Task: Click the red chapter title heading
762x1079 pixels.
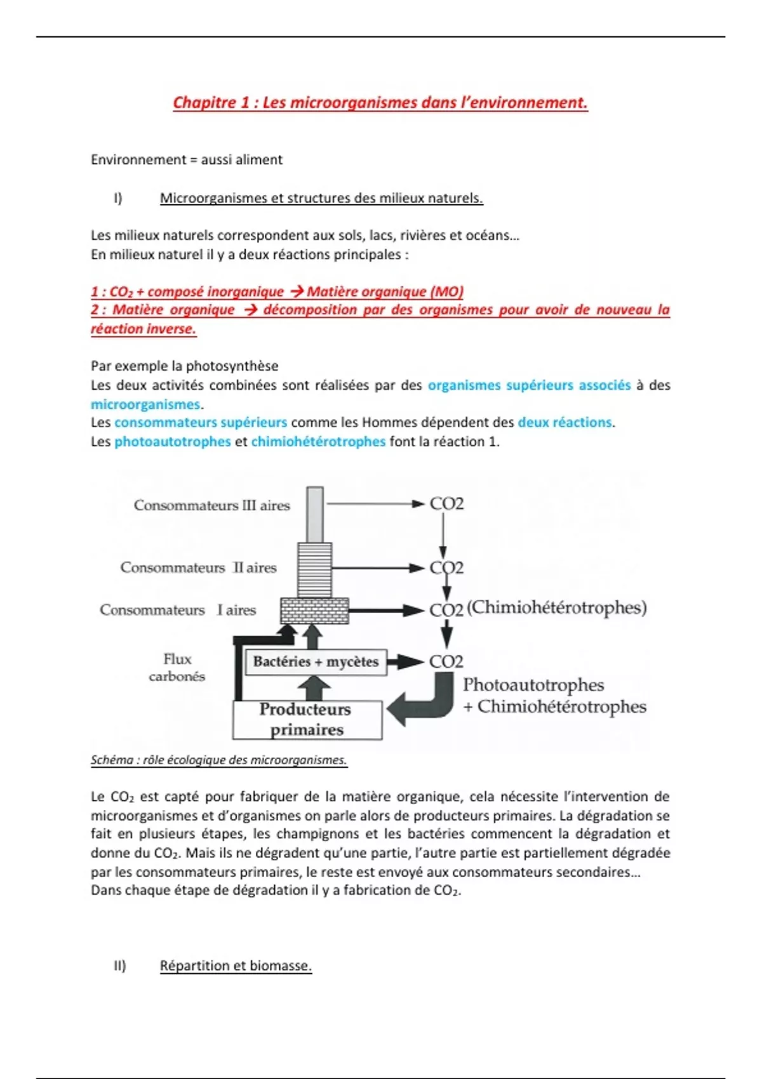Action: (x=380, y=103)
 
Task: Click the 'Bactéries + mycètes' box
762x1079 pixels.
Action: (x=316, y=662)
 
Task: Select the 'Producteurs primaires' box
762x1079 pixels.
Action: (x=307, y=720)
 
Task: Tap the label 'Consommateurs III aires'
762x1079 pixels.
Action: (x=212, y=505)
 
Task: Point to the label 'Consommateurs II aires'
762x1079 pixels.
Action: (x=199, y=567)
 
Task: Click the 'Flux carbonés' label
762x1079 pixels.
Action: (x=177, y=668)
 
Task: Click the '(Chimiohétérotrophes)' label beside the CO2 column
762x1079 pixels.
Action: (x=557, y=608)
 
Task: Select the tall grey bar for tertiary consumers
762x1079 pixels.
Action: (x=315, y=515)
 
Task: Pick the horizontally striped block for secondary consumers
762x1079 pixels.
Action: (x=315, y=571)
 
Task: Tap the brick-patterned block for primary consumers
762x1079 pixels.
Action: (x=315, y=611)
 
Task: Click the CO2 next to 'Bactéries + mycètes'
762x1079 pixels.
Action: (x=446, y=662)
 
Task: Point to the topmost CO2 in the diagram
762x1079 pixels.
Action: (x=446, y=504)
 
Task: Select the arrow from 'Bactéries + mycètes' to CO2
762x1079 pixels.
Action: (x=406, y=662)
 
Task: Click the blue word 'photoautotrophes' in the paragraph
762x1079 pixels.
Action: (x=173, y=442)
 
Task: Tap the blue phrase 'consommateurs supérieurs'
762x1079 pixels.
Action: (x=201, y=423)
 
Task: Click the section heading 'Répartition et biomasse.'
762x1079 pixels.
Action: (x=236, y=966)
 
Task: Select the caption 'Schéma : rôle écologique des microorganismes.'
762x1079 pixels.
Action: (x=219, y=760)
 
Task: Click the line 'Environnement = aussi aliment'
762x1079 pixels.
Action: (x=187, y=159)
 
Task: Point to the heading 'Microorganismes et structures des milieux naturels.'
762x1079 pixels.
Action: (x=321, y=198)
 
